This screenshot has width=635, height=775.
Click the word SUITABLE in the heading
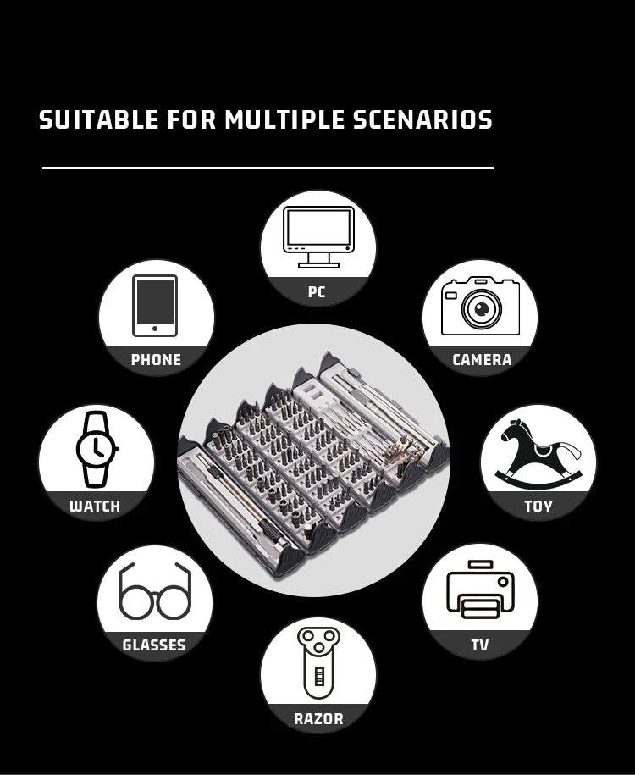click(99, 119)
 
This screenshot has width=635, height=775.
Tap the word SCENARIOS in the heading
click(422, 119)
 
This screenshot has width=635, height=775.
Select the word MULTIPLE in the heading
click(284, 119)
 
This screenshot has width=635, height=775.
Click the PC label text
click(317, 291)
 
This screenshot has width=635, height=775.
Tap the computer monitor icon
click(318, 237)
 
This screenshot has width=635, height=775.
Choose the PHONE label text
click(156, 359)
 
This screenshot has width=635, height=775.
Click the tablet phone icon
click(155, 306)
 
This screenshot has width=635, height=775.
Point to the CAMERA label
click(482, 359)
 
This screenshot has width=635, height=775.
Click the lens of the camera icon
click(481, 309)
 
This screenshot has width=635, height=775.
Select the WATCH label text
click(95, 506)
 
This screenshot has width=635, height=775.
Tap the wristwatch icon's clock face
click(97, 449)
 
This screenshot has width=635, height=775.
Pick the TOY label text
click(538, 506)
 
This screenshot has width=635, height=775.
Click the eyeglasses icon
click(155, 591)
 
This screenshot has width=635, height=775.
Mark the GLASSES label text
click(154, 645)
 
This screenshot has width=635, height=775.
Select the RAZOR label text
click(318, 718)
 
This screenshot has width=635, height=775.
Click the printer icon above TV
click(480, 590)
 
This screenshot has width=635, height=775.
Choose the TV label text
click(480, 645)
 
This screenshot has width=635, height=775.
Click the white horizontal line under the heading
click(268, 168)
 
